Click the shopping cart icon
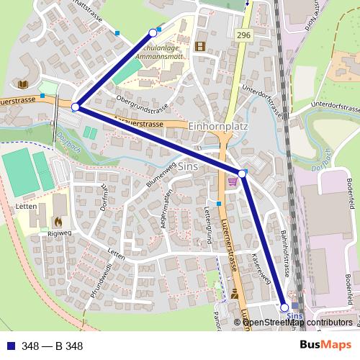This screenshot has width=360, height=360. (x=232, y=182)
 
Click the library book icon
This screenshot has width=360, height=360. (x=24, y=85)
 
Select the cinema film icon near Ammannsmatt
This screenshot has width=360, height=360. (x=199, y=46)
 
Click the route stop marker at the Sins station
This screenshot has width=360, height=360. (x=284, y=307)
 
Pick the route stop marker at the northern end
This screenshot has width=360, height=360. (x=153, y=32)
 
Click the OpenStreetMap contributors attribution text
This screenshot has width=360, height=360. (x=297, y=323)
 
